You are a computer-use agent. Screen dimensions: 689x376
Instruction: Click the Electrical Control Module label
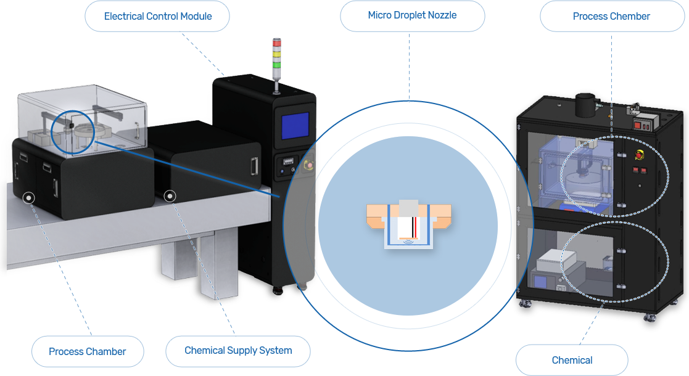click(x=157, y=16)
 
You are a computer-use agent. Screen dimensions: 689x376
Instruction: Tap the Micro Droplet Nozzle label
click(x=412, y=16)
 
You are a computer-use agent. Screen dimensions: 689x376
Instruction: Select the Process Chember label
click(x=612, y=16)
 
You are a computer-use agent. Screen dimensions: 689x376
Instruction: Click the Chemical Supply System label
click(x=237, y=351)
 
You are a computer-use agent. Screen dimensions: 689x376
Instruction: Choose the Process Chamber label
click(x=88, y=351)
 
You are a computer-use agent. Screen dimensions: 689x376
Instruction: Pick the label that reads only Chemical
click(x=572, y=360)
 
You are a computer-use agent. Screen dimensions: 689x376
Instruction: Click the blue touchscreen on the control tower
click(x=295, y=126)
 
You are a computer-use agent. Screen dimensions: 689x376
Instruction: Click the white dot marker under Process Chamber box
click(x=28, y=198)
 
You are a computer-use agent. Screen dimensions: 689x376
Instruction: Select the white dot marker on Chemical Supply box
click(x=170, y=196)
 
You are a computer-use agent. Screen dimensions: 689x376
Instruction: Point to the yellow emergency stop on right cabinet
click(x=640, y=155)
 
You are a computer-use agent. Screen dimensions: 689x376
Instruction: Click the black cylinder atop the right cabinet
click(x=585, y=105)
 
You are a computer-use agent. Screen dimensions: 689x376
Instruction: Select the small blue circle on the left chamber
click(x=73, y=132)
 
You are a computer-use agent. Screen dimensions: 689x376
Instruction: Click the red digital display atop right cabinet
click(x=642, y=126)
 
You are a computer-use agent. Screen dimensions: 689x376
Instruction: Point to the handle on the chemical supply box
click(x=254, y=166)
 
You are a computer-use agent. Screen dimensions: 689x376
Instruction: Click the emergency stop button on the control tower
click(x=309, y=165)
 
